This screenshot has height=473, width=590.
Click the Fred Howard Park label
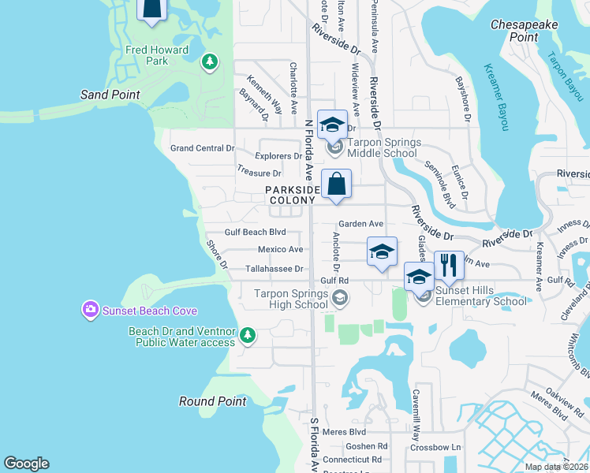[x=157, y=55]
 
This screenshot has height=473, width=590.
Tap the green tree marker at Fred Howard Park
[x=210, y=61]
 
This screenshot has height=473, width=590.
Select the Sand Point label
[x=110, y=95]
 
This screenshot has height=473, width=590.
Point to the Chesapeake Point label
[x=525, y=31]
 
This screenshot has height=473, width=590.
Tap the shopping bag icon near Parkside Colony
[x=336, y=184]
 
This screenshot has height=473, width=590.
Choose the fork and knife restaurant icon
[x=449, y=266]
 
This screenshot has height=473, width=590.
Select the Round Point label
[x=212, y=401]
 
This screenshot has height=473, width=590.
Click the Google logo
[x=26, y=464]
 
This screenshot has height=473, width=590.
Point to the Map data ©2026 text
[x=555, y=467]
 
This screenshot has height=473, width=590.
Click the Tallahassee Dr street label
[x=274, y=269]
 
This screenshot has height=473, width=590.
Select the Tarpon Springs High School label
[x=291, y=299]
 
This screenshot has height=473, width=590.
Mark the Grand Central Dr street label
[x=203, y=148]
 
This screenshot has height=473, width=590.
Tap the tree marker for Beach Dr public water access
[x=248, y=337]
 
